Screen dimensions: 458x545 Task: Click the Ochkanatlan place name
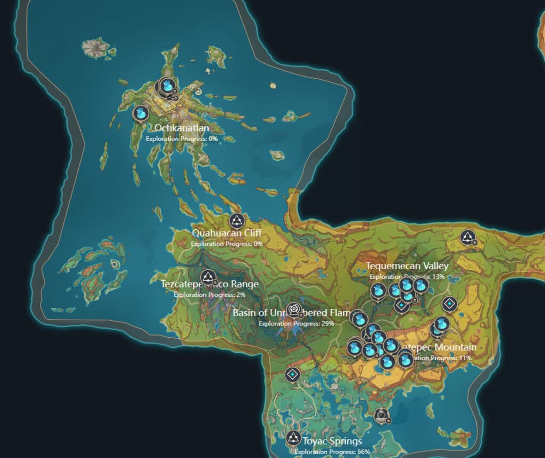[x=181, y=128]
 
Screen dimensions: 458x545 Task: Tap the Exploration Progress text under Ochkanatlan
[x=181, y=138]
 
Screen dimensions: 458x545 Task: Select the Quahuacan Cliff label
[x=227, y=233]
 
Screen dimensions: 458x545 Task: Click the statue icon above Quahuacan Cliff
[x=236, y=220]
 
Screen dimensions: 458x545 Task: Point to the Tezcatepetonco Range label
[x=210, y=285]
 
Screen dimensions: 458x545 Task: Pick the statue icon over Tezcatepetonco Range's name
[x=208, y=277]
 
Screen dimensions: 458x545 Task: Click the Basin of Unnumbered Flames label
[x=291, y=313]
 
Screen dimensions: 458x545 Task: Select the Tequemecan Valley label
[x=407, y=266]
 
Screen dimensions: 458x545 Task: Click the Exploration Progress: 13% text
[x=407, y=277]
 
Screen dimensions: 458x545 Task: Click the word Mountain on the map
[x=455, y=348]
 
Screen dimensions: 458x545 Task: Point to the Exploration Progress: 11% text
[x=442, y=358]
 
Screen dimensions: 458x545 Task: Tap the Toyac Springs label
[x=332, y=441]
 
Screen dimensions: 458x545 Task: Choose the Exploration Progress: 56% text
[x=332, y=452]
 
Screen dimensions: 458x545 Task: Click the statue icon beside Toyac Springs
[x=293, y=438]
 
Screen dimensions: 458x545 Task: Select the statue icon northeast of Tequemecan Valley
[x=467, y=237]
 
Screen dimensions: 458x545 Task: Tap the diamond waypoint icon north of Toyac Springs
[x=292, y=374]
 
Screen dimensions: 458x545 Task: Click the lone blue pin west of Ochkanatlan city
[x=141, y=113]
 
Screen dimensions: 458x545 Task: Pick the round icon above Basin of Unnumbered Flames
[x=294, y=309]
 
